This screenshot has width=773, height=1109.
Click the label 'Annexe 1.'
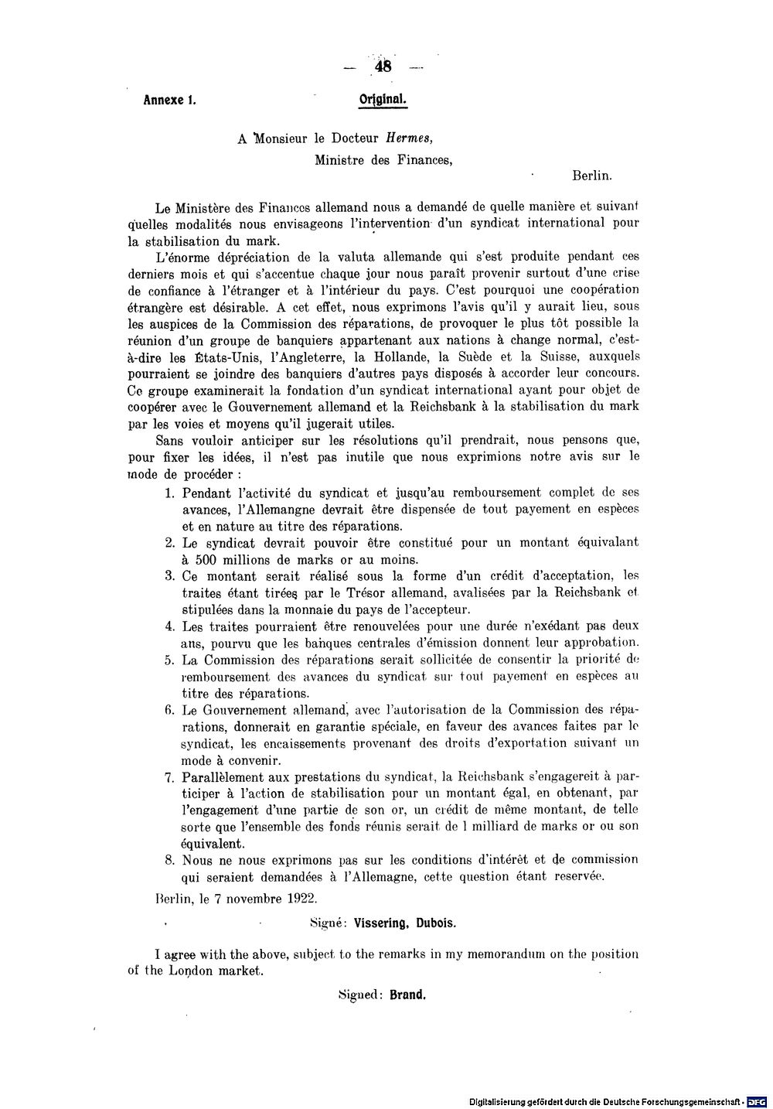pos(169,100)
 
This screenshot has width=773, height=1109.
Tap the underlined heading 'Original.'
pos(383,100)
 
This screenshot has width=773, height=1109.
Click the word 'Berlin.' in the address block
pos(592,176)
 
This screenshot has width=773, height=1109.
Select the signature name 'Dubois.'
pos(437,923)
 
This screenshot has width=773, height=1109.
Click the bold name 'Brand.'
pos(407,995)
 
